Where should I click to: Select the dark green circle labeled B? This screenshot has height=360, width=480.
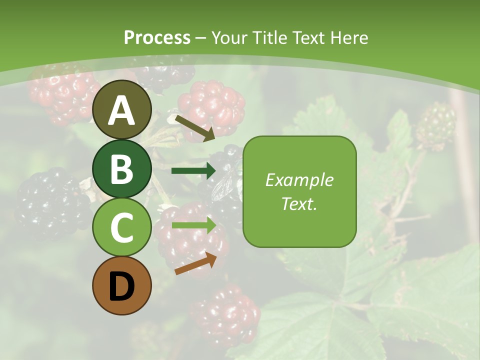tap(122, 168)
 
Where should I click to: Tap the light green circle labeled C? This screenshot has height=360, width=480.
tap(122, 227)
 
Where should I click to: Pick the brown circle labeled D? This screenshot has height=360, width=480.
tap(122, 285)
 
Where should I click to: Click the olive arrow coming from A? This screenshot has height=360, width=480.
tap(194, 128)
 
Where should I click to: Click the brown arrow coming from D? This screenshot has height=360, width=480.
tap(195, 264)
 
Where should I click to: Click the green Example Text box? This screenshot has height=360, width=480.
tap(299, 191)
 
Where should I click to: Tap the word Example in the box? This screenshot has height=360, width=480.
tap(299, 180)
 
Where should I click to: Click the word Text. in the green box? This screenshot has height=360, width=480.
tap(299, 203)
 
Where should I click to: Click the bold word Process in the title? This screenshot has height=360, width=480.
tap(157, 37)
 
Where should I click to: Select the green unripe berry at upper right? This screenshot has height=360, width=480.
tap(436, 125)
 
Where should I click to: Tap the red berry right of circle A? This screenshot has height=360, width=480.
tap(212, 108)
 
